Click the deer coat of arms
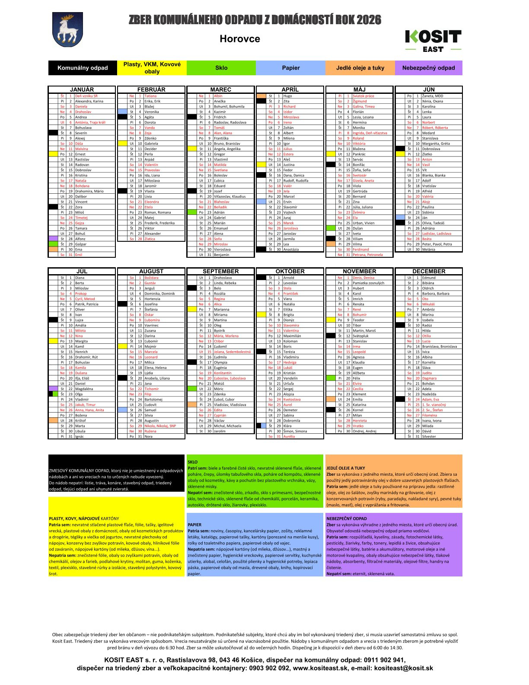tap(67, 29)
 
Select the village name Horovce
tap(239, 39)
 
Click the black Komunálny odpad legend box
tap(83, 68)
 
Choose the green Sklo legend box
tap(221, 68)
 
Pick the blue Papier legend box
tap(291, 68)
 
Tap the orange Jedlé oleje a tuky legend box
tap(360, 68)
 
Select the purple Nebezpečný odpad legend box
tap(428, 68)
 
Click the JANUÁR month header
tap(82, 90)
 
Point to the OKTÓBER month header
tap(290, 271)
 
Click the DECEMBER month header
tap(429, 271)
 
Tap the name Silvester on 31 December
tap(429, 436)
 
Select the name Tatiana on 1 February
tap(150, 96)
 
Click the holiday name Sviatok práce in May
tap(363, 96)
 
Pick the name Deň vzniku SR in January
tap(86, 96)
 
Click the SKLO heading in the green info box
tap(193, 462)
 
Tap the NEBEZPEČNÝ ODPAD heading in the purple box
tap(347, 518)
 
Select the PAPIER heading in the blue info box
tap(194, 525)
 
